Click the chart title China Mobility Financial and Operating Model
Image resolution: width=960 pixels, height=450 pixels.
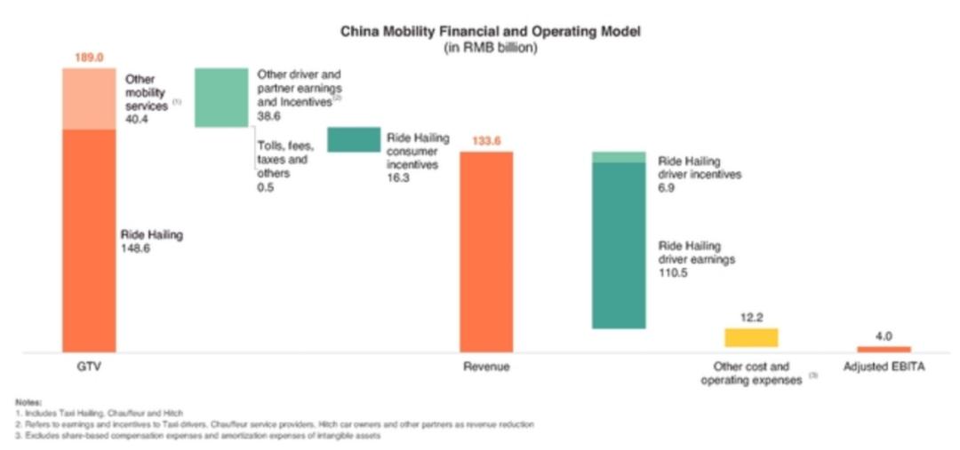(491, 31)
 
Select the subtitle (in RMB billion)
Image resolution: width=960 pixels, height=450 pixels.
(491, 47)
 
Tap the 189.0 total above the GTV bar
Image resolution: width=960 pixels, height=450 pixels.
(89, 58)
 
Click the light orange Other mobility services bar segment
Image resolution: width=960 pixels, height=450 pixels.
(89, 99)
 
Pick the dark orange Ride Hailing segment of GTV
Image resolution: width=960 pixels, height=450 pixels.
(89, 240)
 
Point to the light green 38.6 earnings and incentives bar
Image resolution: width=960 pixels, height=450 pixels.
(220, 98)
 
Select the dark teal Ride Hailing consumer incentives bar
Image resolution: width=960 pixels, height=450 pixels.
(353, 139)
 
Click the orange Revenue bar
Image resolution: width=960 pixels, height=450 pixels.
(485, 252)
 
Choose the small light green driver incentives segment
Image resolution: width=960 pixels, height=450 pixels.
(619, 157)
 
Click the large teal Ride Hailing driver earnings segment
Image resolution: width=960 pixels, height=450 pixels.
(619, 245)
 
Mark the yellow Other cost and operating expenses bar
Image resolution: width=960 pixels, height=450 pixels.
(751, 337)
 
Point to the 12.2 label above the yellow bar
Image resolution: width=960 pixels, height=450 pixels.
(751, 317)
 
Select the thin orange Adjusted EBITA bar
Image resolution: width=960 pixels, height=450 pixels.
(884, 349)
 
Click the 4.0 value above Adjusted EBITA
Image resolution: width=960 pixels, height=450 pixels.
(884, 336)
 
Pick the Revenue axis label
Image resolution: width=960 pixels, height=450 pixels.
(486, 367)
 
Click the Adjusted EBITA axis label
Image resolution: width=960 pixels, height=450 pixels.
(883, 367)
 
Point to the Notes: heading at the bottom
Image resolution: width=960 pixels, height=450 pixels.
(29, 403)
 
